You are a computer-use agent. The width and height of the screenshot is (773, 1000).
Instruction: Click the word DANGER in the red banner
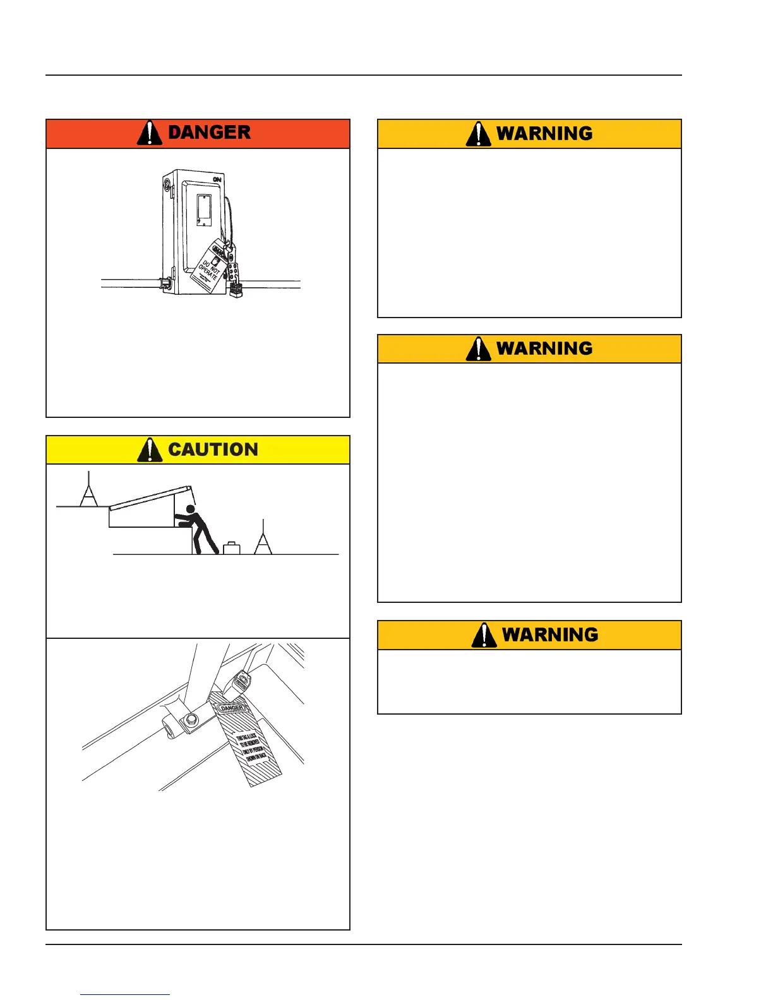209,133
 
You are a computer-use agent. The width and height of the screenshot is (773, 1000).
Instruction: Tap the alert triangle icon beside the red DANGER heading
150,133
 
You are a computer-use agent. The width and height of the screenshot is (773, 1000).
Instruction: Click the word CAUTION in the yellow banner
213,449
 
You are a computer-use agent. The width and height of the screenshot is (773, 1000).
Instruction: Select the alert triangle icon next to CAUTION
150,449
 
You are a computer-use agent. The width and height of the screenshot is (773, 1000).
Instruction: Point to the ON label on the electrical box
217,180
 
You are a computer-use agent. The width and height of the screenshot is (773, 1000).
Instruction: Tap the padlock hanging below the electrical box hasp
237,290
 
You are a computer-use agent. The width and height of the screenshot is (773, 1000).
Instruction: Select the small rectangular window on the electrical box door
203,210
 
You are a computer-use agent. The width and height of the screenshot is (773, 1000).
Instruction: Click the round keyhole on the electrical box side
167,186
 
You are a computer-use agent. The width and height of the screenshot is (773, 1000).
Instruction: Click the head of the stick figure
190,509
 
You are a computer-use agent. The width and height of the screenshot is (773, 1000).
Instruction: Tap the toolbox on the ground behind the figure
232,548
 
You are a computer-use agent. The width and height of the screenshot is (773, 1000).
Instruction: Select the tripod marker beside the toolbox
263,539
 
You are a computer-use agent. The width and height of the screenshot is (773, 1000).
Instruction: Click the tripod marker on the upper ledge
88,492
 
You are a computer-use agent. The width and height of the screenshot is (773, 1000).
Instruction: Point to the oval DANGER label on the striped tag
232,708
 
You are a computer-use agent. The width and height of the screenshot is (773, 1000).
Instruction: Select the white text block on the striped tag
251,748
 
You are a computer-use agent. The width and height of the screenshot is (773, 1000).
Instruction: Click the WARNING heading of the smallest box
549,635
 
